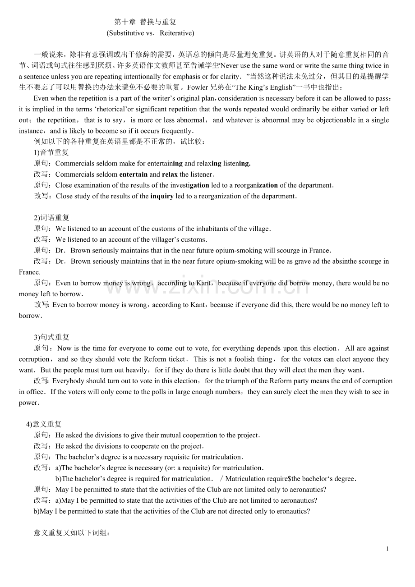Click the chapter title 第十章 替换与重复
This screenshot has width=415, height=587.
click(x=145, y=22)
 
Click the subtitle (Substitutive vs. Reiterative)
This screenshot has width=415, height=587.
click(x=150, y=33)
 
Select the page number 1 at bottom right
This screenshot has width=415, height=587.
click(x=387, y=549)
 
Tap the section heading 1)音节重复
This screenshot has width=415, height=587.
click(x=51, y=152)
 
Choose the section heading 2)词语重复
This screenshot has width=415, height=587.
click(x=51, y=218)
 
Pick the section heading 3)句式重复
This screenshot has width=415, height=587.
click(x=51, y=337)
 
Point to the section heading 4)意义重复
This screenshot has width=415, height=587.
click(x=44, y=424)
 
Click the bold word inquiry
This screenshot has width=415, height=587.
click(x=162, y=196)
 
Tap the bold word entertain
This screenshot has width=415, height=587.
click(x=133, y=174)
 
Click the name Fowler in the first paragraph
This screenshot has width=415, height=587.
click(x=198, y=87)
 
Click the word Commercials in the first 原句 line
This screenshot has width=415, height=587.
click(x=75, y=163)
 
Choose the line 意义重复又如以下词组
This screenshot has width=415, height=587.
click(x=72, y=533)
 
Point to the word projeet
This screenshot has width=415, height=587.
click(x=191, y=446)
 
